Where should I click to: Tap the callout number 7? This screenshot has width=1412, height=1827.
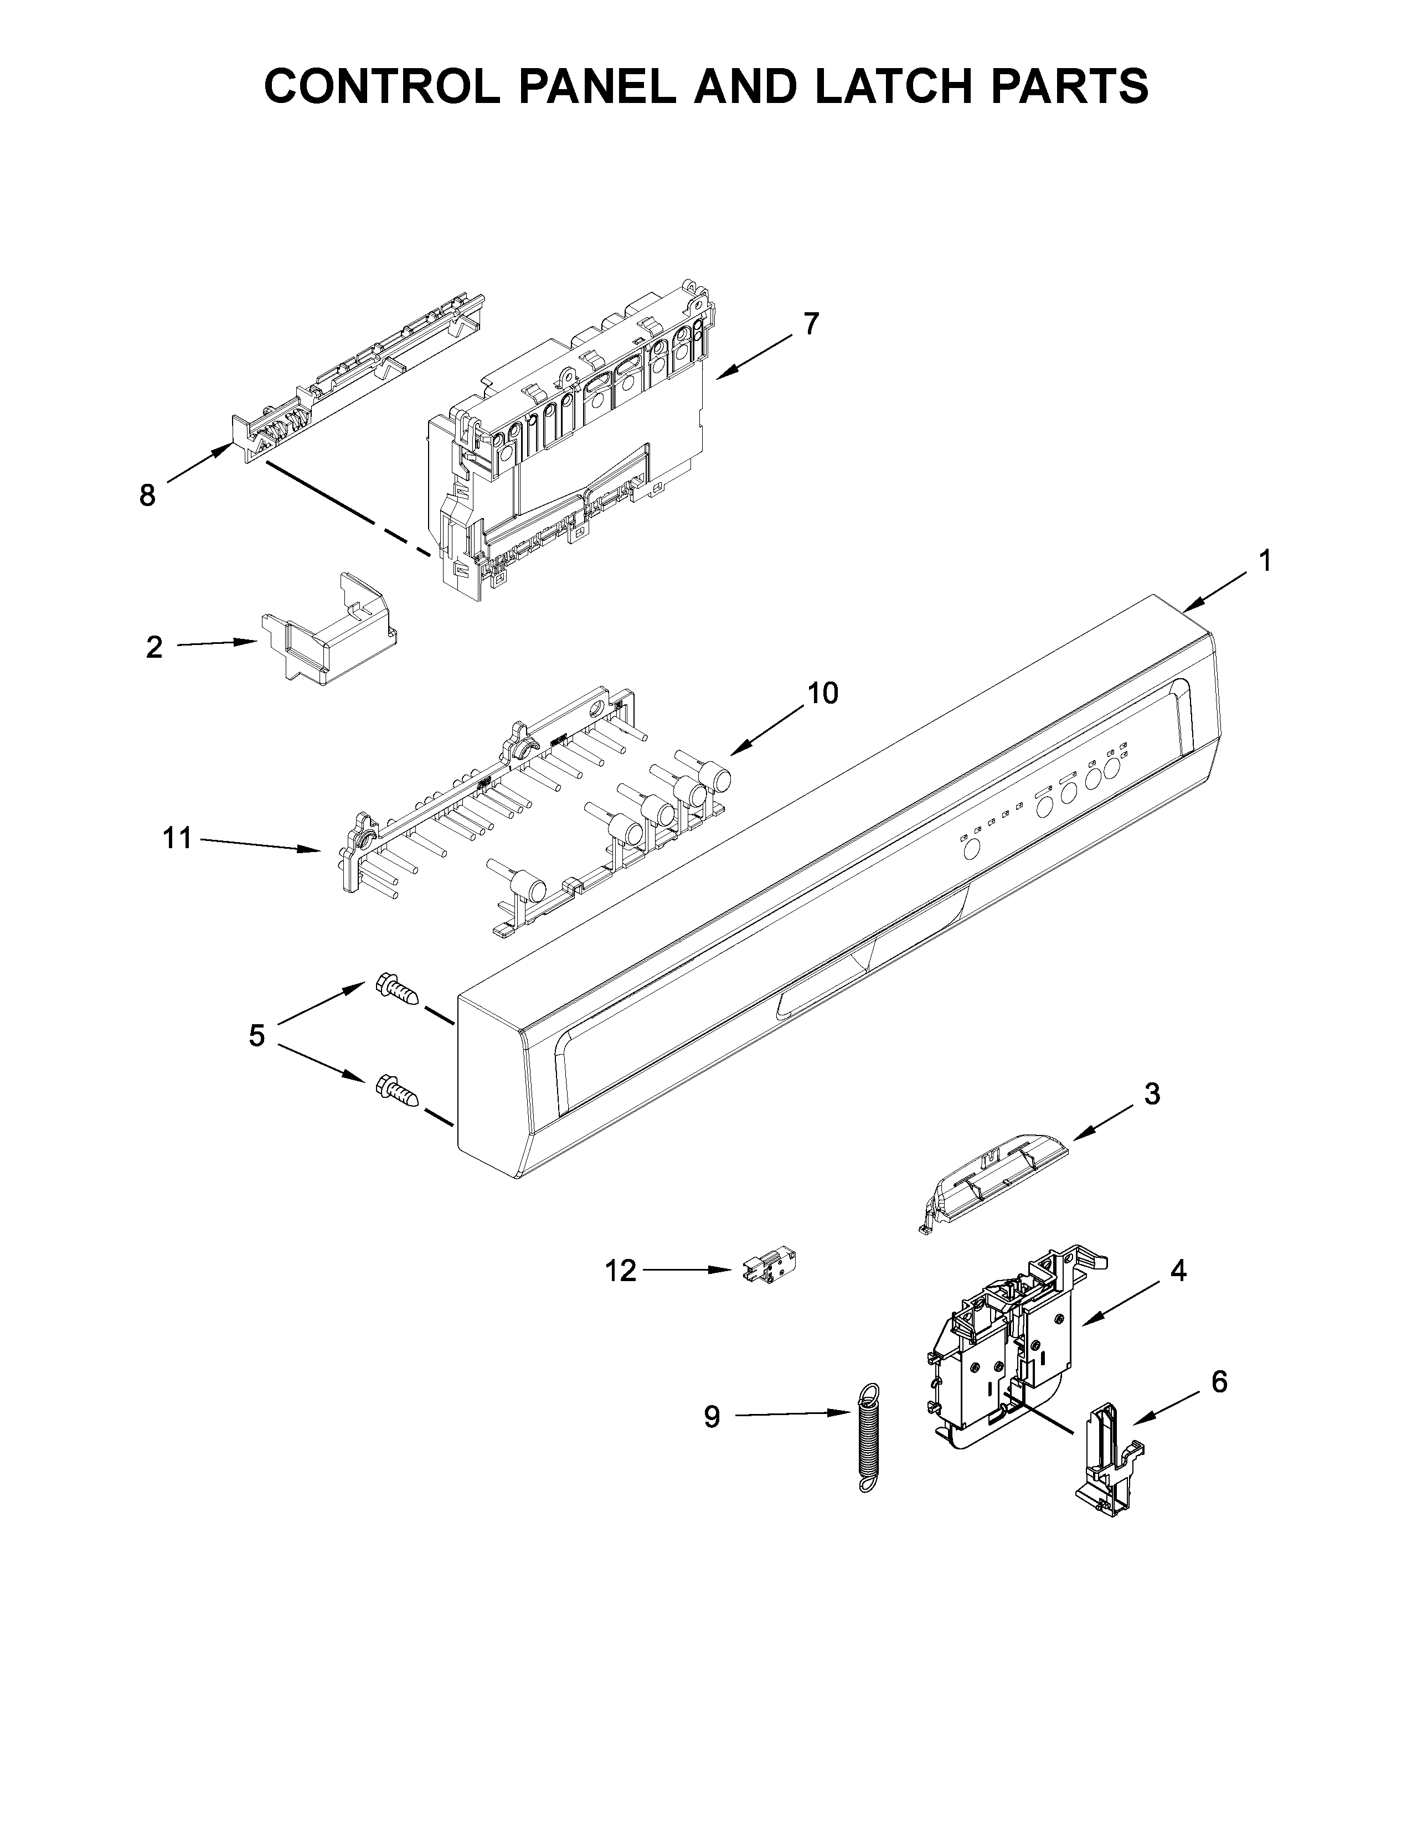811,323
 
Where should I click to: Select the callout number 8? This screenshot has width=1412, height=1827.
147,496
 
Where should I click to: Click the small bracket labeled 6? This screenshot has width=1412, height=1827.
1109,1460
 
